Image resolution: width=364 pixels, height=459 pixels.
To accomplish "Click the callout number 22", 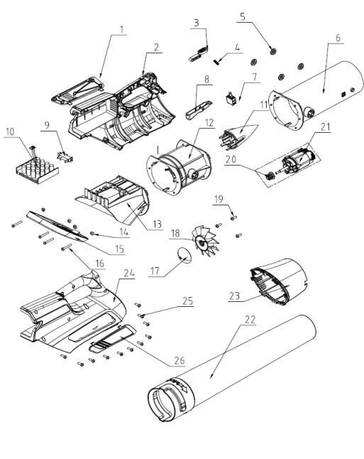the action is tap(250, 319).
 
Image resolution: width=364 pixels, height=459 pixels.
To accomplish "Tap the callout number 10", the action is tap(10, 131).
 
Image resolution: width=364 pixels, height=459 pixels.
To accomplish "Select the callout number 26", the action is tap(180, 360).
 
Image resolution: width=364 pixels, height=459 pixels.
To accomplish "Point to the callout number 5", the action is tap(243, 16).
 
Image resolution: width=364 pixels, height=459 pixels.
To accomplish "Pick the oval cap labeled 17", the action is tap(184, 255).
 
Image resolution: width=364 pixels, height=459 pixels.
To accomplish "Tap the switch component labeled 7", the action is tap(231, 98).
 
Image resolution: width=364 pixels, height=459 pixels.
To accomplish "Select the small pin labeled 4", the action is tap(216, 62).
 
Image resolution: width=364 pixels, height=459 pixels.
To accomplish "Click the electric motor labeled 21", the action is tap(297, 161).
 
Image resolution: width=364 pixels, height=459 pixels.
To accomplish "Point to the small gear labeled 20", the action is tap(268, 177).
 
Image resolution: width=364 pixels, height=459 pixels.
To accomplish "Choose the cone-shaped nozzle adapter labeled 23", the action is tap(278, 281).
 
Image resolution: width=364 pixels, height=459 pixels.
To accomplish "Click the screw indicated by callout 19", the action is tap(233, 217).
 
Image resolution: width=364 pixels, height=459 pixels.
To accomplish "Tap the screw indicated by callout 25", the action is tap(141, 315).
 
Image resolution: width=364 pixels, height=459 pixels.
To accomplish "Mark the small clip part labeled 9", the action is tap(65, 156).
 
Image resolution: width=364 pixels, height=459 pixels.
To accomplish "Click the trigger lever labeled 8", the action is tap(198, 109).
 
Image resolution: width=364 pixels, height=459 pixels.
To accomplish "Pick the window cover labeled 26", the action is tap(113, 338).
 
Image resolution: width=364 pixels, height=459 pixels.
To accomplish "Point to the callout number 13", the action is tap(157, 225).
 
